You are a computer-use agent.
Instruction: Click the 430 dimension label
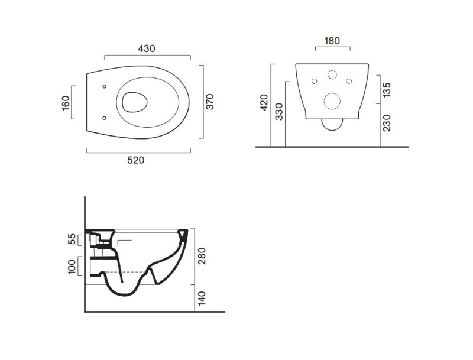click(x=147, y=48)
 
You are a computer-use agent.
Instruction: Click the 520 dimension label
click(x=136, y=160)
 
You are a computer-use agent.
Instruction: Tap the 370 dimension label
click(x=210, y=102)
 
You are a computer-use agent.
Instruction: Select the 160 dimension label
click(x=66, y=103)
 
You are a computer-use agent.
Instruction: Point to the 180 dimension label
click(x=332, y=41)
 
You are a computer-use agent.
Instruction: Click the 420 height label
click(x=264, y=102)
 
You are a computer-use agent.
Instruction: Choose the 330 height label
click(x=279, y=112)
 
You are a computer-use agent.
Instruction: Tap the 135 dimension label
click(x=387, y=89)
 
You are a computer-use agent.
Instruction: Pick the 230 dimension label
click(x=387, y=123)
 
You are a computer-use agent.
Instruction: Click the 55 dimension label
click(x=72, y=239)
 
